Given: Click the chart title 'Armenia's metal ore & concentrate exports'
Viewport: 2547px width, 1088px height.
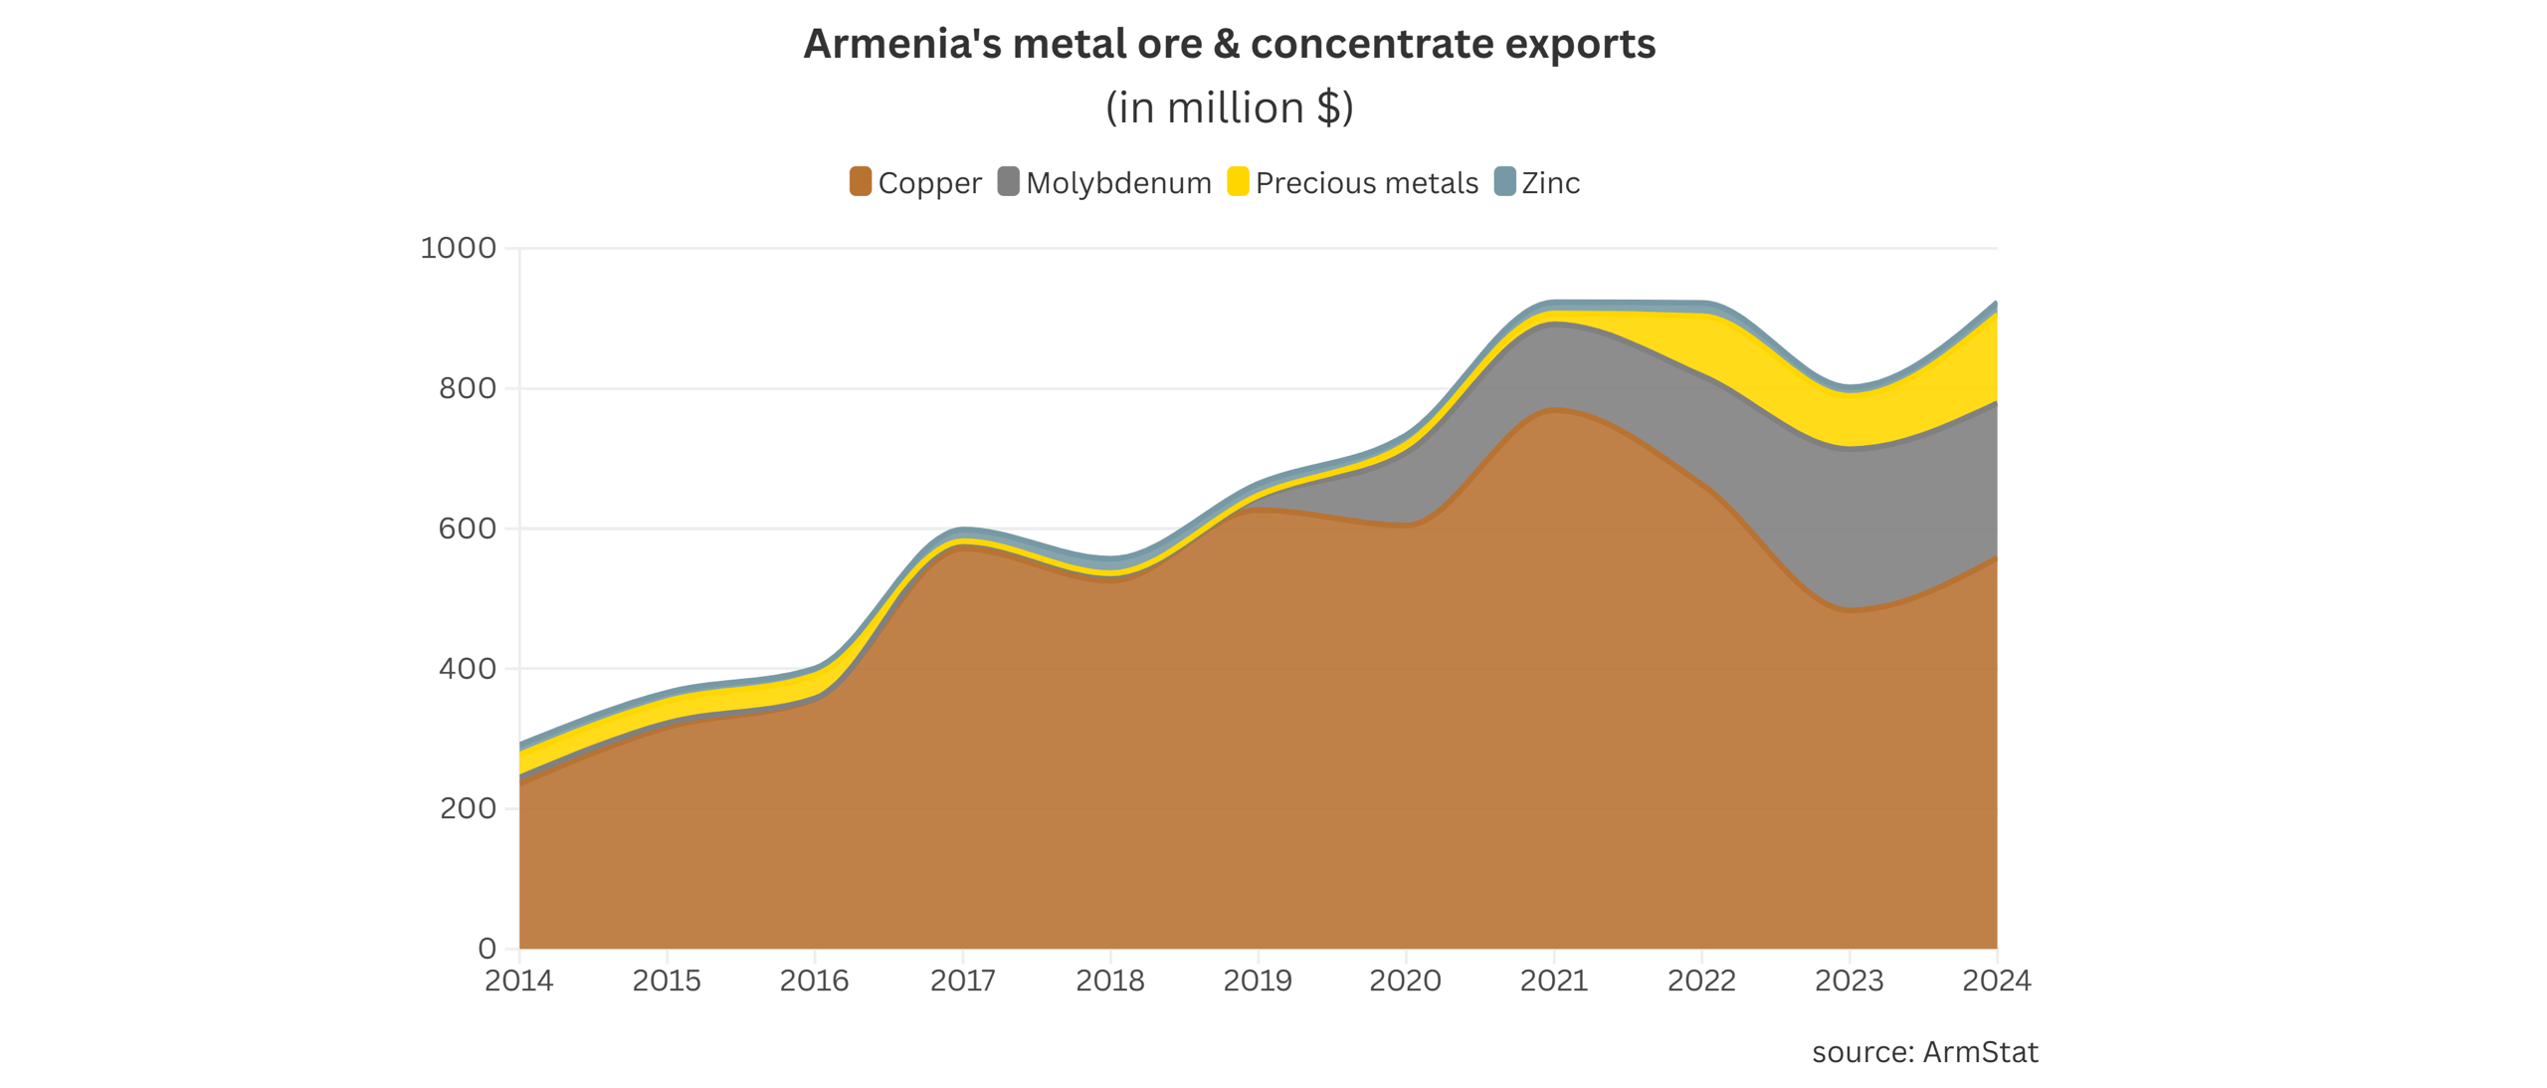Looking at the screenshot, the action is click(1229, 44).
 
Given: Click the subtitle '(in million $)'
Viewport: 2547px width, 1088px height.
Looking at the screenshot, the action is click(1229, 108).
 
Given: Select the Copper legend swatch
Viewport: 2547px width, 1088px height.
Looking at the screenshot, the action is click(860, 181).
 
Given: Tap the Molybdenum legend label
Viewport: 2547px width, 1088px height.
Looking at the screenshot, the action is click(1118, 182).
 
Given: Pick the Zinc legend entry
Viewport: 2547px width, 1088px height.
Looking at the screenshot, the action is click(1537, 182).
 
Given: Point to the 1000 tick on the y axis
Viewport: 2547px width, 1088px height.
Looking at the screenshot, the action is click(458, 248).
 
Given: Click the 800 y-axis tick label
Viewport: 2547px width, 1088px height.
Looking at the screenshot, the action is click(467, 388).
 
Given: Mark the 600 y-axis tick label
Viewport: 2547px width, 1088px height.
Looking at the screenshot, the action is click(467, 529).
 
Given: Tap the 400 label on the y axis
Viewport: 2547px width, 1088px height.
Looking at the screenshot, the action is click(467, 669).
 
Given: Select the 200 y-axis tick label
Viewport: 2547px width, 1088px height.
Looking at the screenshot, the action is click(467, 808).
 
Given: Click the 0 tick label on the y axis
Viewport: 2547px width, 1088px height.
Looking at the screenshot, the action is click(487, 949).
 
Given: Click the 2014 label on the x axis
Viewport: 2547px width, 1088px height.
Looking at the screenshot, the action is click(518, 980).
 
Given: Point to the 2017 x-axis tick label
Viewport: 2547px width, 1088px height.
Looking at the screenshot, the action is click(962, 980).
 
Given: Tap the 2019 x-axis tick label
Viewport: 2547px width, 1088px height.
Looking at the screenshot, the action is click(1258, 980).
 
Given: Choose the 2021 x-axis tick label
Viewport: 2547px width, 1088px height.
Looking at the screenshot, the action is click(1553, 980).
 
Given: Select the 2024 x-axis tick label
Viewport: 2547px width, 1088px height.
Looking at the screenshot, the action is click(1996, 980).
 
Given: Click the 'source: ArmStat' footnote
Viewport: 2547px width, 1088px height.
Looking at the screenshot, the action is click(1924, 1052).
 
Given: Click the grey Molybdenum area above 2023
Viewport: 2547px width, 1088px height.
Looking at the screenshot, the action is click(1849, 528).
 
